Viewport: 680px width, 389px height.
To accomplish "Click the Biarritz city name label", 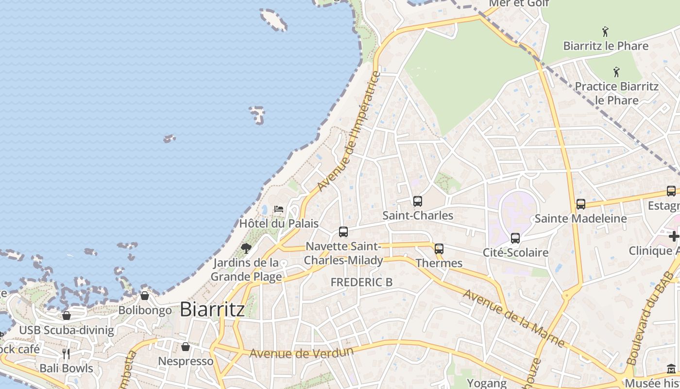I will click(x=212, y=309).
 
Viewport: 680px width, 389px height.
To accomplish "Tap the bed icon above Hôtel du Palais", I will click(x=279, y=209).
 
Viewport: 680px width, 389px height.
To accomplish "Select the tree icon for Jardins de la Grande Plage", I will click(x=246, y=248).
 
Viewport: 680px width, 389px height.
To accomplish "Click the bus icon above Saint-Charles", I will click(x=417, y=201).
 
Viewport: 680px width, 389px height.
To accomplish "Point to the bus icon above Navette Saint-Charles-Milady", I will click(x=343, y=232).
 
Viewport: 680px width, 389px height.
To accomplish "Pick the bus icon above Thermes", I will click(x=439, y=249).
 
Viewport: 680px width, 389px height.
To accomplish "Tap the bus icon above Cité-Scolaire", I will click(x=515, y=238).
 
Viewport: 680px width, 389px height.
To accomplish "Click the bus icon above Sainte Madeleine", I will click(x=581, y=204).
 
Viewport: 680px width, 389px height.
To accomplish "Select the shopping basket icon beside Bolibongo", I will click(x=145, y=296).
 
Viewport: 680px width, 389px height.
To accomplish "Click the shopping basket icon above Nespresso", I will click(x=186, y=347).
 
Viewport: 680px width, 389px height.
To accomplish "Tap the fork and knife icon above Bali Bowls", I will click(x=66, y=354).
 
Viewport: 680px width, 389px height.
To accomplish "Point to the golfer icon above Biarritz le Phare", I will click(x=605, y=32).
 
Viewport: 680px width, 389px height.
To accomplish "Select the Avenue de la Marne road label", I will click(x=513, y=318).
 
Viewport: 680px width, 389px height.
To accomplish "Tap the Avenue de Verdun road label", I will click(x=301, y=353).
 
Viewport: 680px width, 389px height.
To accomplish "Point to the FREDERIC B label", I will click(x=361, y=282).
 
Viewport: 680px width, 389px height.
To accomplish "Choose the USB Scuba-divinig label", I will click(x=67, y=331).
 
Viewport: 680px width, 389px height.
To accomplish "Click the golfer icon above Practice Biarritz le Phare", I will click(x=616, y=72).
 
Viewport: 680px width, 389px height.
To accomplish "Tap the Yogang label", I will click(x=487, y=383).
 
